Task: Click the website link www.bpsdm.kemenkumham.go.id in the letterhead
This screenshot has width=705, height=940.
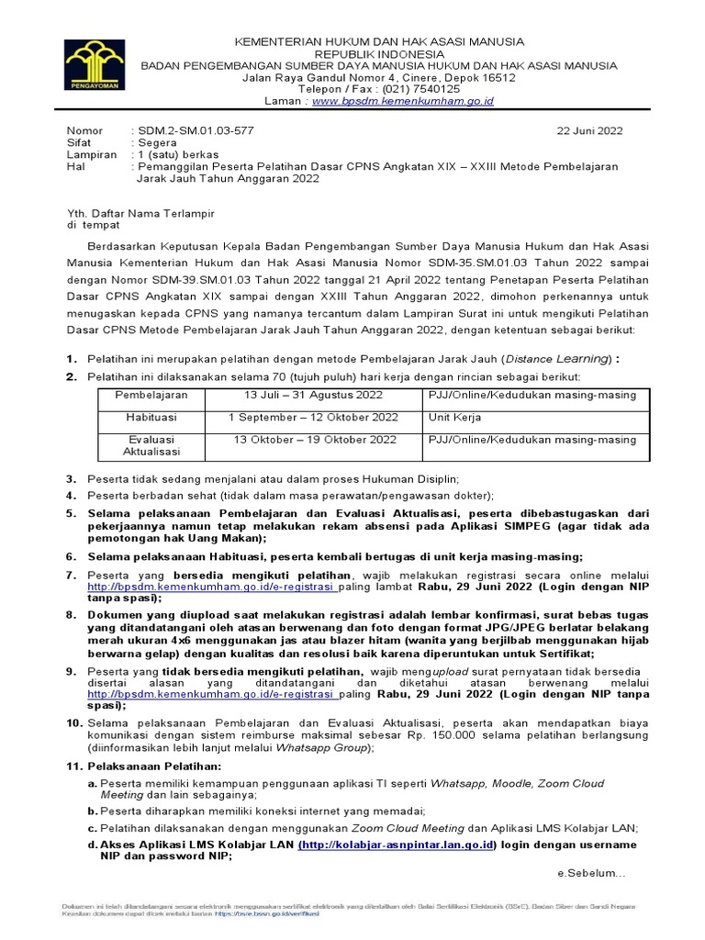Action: click(403, 101)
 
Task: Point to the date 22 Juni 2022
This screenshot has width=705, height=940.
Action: click(590, 131)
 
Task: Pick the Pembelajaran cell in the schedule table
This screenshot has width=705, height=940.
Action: click(151, 394)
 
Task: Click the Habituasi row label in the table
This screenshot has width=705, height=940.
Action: click(151, 417)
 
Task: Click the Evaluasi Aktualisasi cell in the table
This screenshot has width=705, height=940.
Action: click(151, 445)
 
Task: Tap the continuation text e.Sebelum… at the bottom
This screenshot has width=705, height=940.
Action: click(591, 872)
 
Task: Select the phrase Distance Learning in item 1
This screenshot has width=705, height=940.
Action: click(560, 358)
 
